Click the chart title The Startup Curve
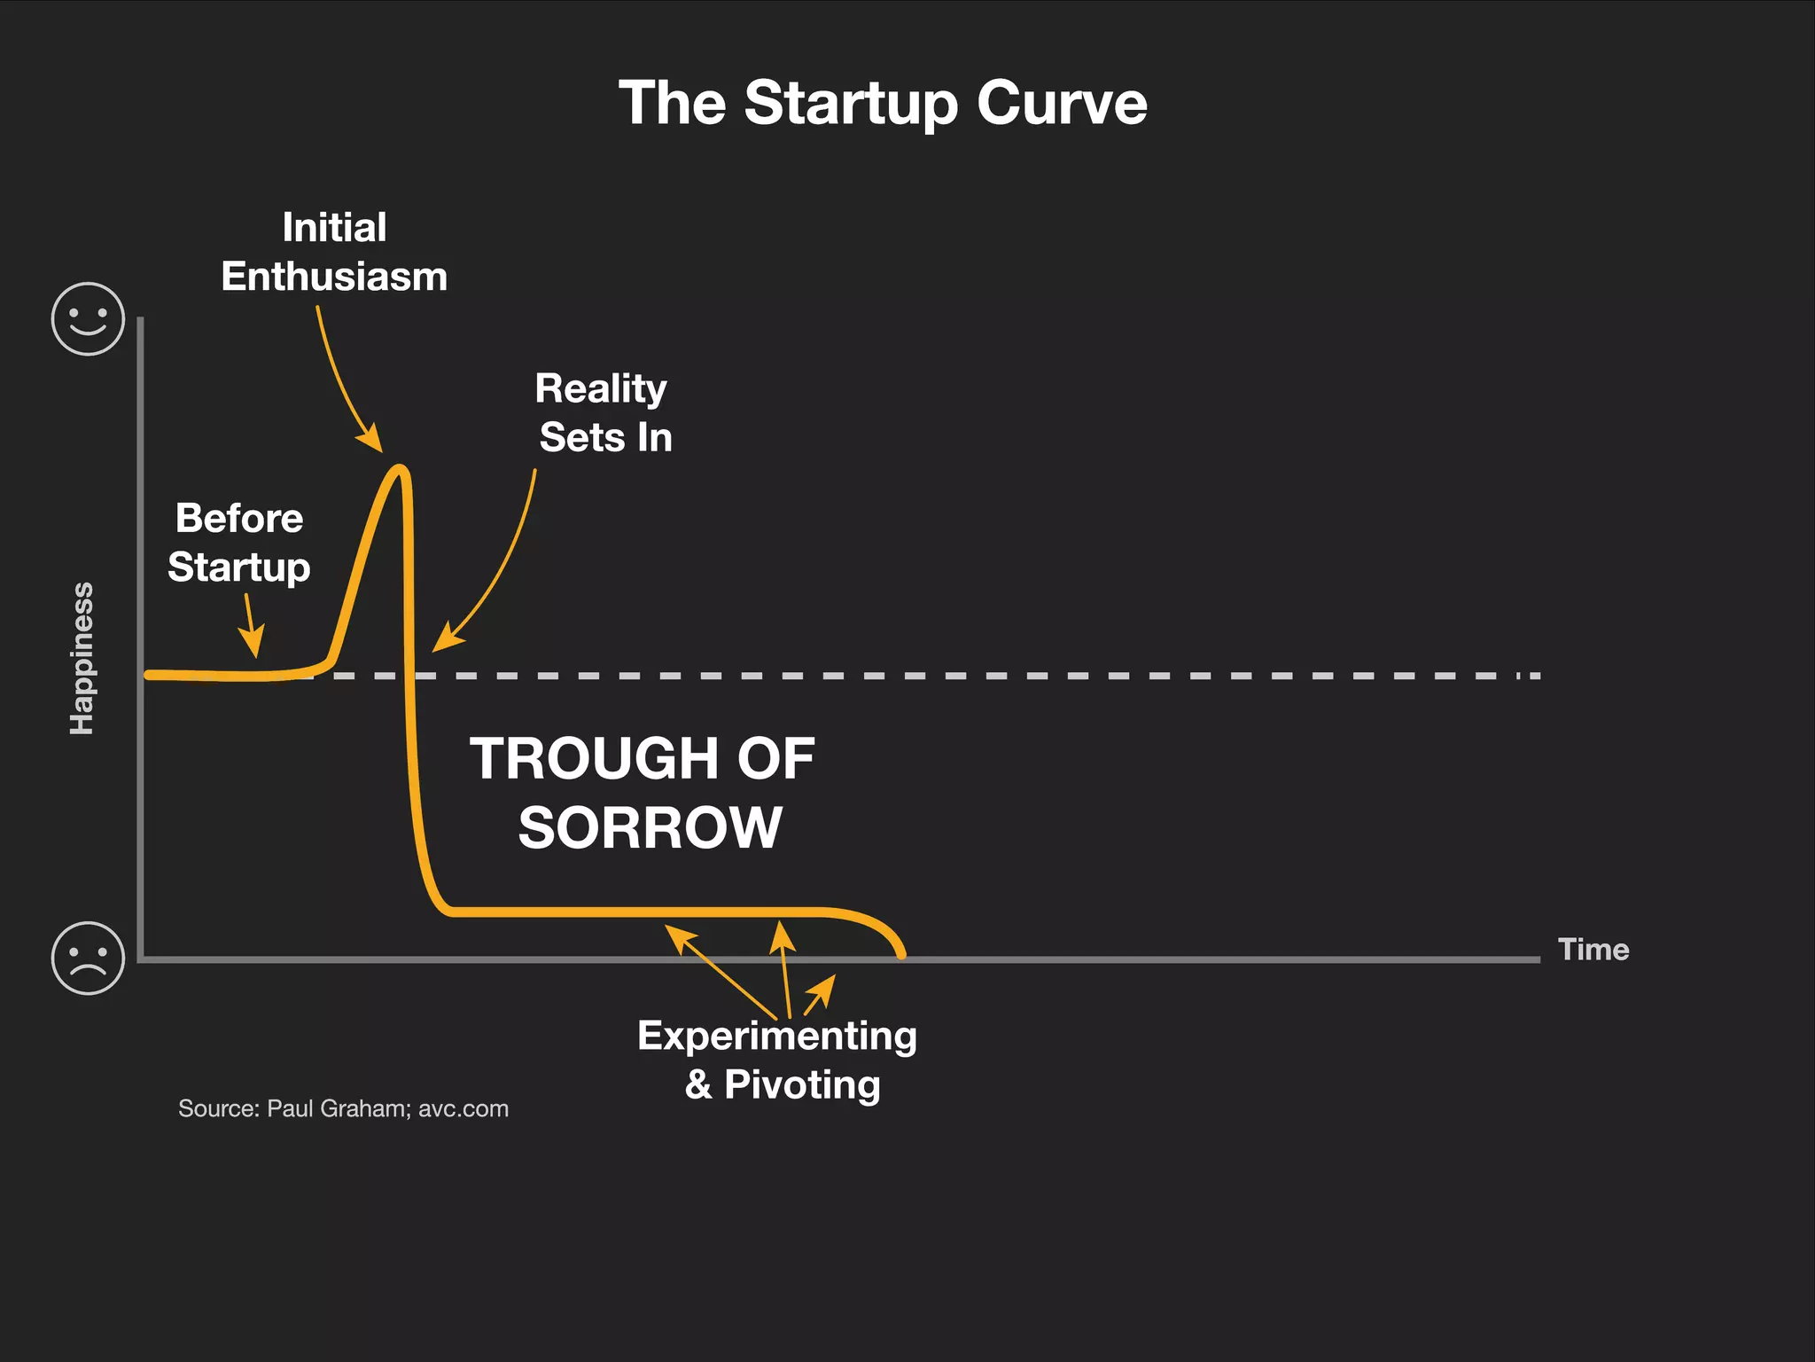(x=883, y=104)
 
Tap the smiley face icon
(x=88, y=319)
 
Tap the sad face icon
(x=88, y=959)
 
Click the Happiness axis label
(x=82, y=658)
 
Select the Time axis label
(x=1593, y=950)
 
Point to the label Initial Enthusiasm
(x=334, y=252)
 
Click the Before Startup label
(x=239, y=542)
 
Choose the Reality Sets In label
(x=604, y=413)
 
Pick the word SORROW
(x=650, y=828)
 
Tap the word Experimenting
(x=776, y=1036)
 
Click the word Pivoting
(x=801, y=1084)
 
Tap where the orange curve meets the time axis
(x=901, y=955)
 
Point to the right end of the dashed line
(x=1537, y=676)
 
